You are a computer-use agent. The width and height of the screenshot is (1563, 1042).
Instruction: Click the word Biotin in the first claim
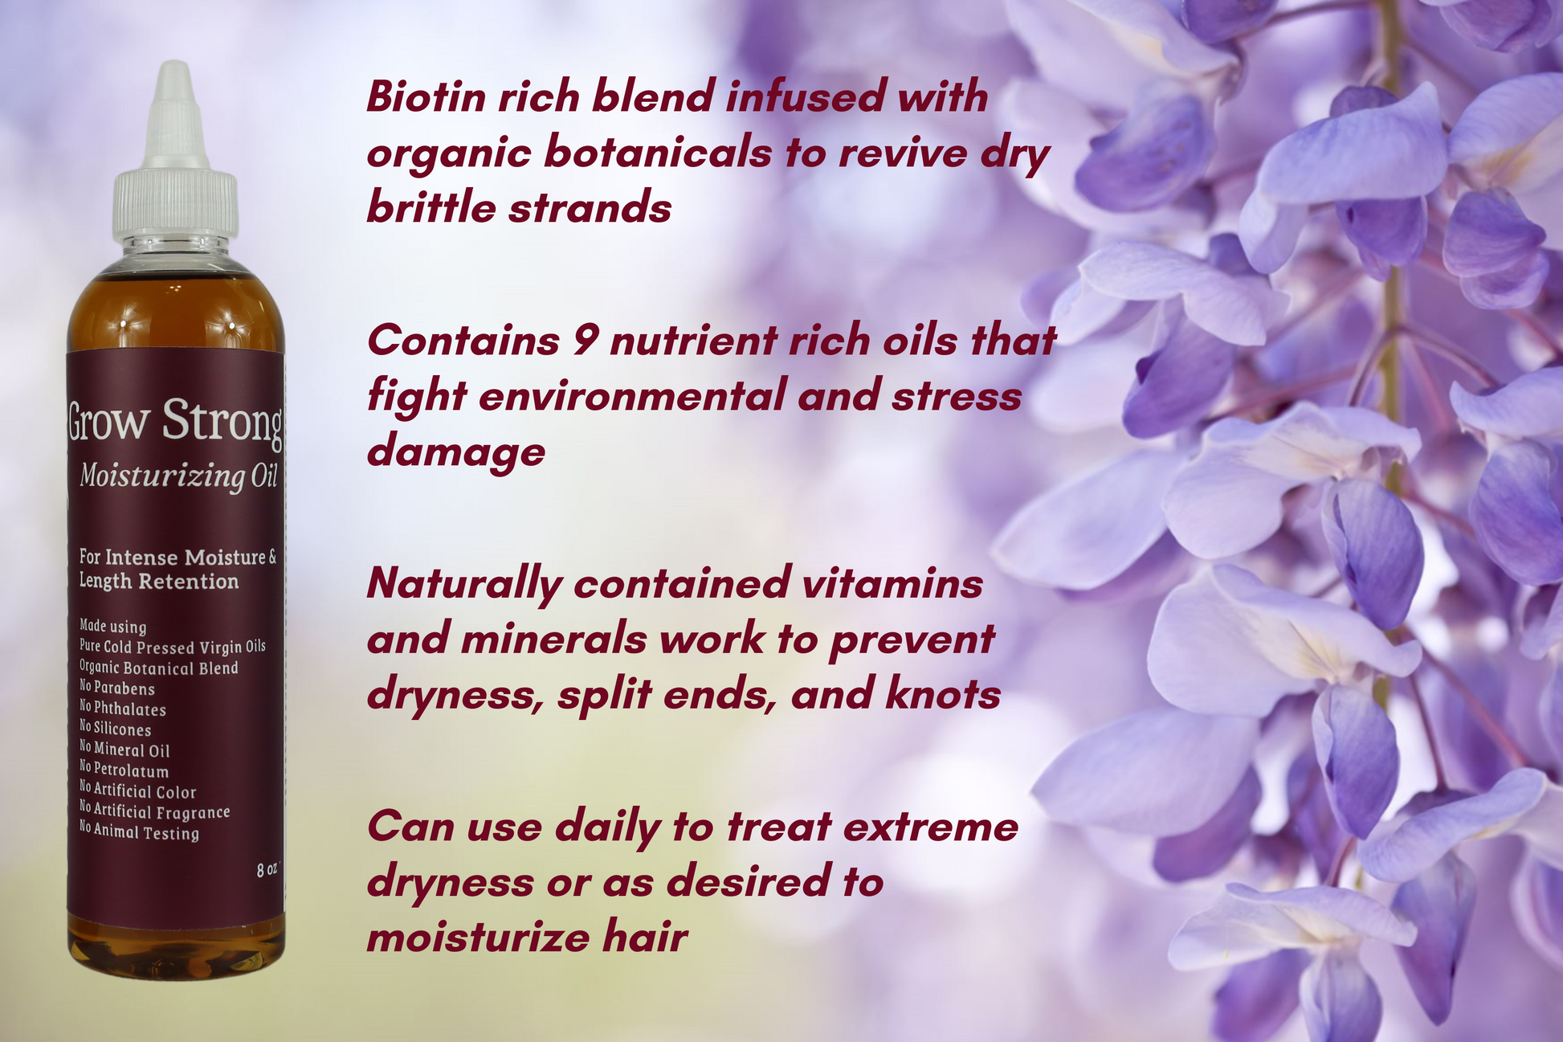(x=426, y=97)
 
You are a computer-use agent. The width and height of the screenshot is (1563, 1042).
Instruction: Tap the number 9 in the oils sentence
(x=585, y=341)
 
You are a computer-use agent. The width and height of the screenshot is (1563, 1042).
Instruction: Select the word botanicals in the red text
(x=657, y=153)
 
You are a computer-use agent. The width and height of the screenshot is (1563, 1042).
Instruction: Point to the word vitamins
(x=892, y=582)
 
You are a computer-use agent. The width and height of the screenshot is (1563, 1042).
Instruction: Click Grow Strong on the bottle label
(x=174, y=421)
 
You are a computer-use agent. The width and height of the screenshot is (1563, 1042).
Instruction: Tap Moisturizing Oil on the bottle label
(x=178, y=477)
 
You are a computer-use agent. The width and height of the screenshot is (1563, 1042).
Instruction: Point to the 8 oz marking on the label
(x=267, y=869)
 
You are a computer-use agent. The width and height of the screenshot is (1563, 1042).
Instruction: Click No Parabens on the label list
(x=117, y=688)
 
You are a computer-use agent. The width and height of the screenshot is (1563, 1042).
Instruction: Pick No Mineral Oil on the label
(x=124, y=749)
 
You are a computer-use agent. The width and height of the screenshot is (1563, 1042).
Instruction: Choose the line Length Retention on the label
(x=159, y=582)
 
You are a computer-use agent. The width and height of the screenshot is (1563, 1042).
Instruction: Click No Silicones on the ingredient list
(x=116, y=728)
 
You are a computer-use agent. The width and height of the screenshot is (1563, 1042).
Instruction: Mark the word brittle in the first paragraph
(x=430, y=208)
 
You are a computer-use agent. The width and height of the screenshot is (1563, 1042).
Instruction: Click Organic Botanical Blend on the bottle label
(x=159, y=668)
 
